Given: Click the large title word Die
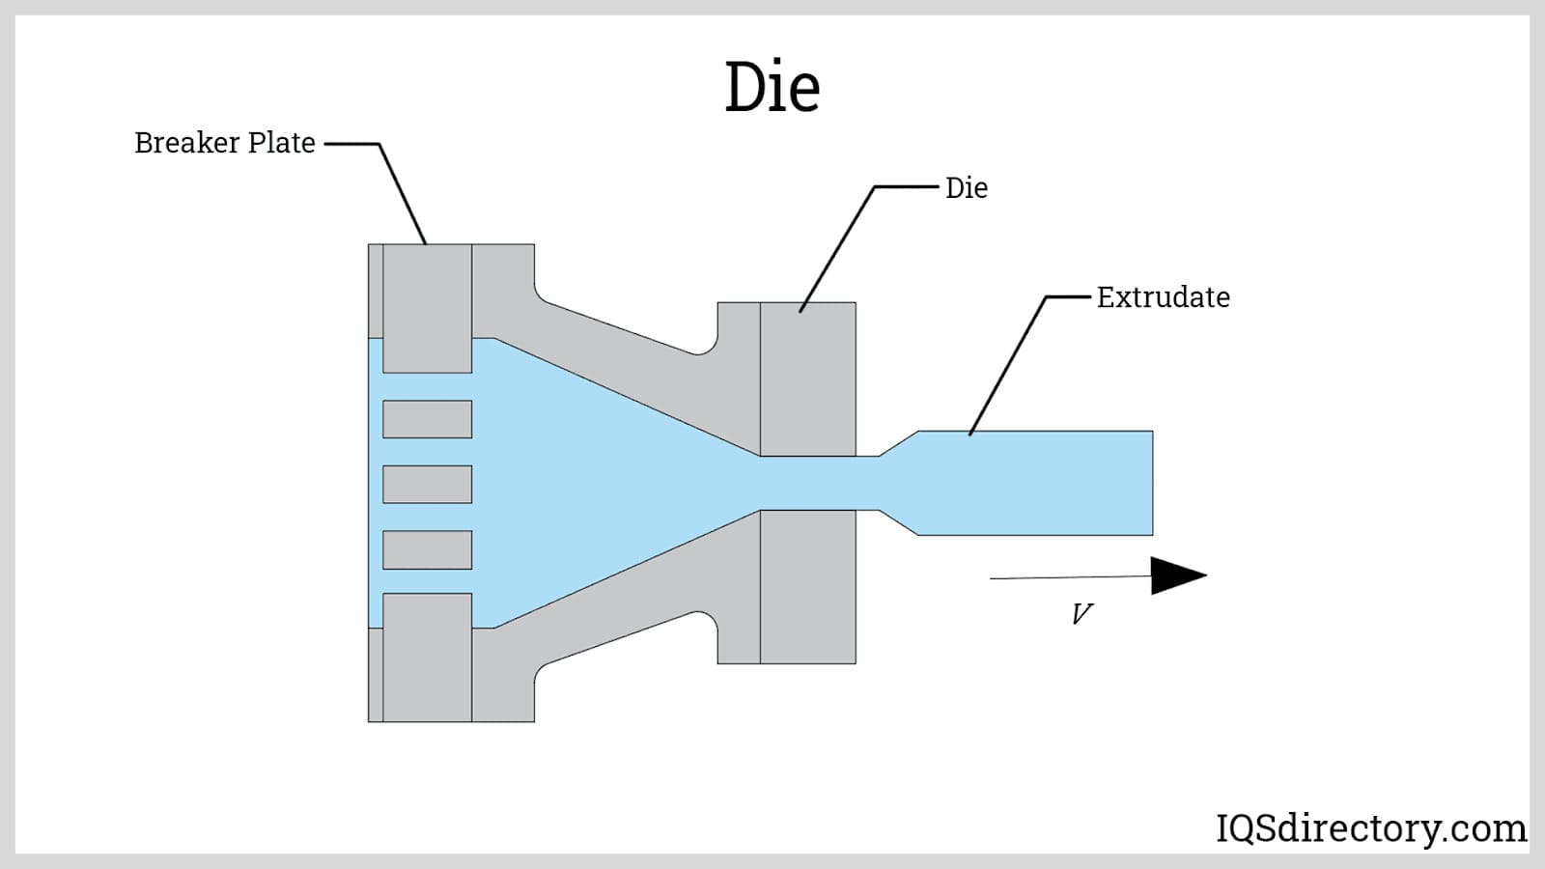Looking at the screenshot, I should [x=772, y=87].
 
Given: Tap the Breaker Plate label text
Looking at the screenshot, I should [x=225, y=143].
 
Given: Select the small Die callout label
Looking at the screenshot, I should [x=966, y=188].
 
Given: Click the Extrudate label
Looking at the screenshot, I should [x=1163, y=297].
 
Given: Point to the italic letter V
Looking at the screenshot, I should [x=1081, y=614].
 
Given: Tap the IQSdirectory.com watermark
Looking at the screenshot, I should [x=1370, y=828].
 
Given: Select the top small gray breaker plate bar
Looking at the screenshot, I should [x=427, y=419].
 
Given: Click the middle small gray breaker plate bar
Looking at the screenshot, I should [x=427, y=485].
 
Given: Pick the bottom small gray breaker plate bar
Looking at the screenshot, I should [x=427, y=549].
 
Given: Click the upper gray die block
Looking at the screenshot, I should [x=807, y=378].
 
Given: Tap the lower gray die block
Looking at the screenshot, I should [x=807, y=587].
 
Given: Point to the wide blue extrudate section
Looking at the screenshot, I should [x=1033, y=483].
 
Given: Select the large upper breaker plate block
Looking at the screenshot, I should [x=427, y=307].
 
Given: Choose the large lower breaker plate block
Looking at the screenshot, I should [x=427, y=657].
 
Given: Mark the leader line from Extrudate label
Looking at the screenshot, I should [x=1007, y=366].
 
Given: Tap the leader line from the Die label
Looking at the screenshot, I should [x=836, y=249].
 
